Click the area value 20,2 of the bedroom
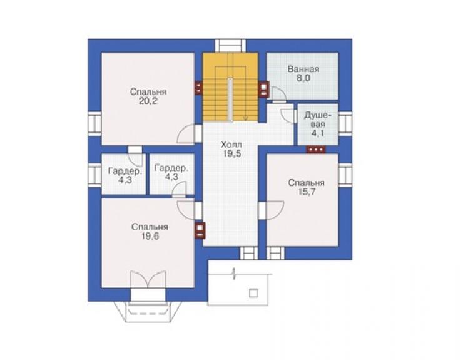coord(148,101)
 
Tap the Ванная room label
coord(303,69)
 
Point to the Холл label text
coord(232,145)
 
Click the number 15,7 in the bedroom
coord(307,192)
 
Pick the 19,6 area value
coord(150,237)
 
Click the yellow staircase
coord(230,87)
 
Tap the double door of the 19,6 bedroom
coord(148,280)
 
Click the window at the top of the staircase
coord(230,46)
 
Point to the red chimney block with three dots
coord(316,150)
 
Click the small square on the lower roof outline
coord(253,293)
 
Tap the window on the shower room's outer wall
coord(345,123)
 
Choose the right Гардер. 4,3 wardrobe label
coord(171,173)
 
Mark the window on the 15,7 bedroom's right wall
coord(345,175)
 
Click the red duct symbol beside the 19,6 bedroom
coord(200,230)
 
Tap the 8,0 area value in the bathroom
coord(303,79)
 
